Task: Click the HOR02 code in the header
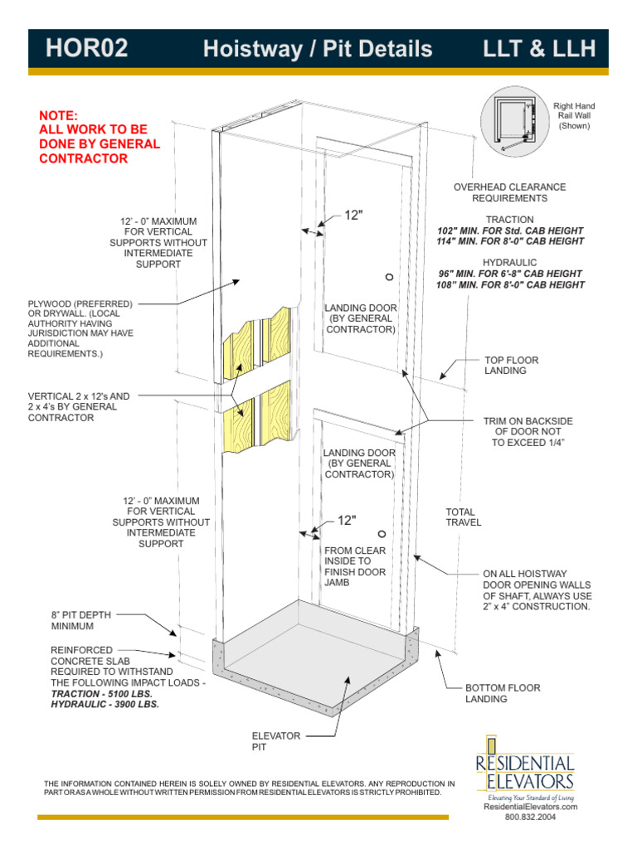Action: coord(86,49)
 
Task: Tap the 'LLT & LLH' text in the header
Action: coord(540,49)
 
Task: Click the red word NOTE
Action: coord(58,115)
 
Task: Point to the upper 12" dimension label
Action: coord(354,216)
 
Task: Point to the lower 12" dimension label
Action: coord(346,521)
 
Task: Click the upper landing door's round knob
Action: coord(388,276)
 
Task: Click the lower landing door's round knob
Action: coord(382,535)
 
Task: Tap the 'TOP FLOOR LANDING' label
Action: coord(511,366)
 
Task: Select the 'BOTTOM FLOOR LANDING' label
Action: coord(503,694)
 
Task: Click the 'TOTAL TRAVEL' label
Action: coord(463,517)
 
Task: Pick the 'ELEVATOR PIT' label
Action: coord(275,741)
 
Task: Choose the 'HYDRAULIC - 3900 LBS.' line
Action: coord(105,704)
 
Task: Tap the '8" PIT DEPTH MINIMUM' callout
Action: coord(80,621)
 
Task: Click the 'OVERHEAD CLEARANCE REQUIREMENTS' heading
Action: coord(509,192)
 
